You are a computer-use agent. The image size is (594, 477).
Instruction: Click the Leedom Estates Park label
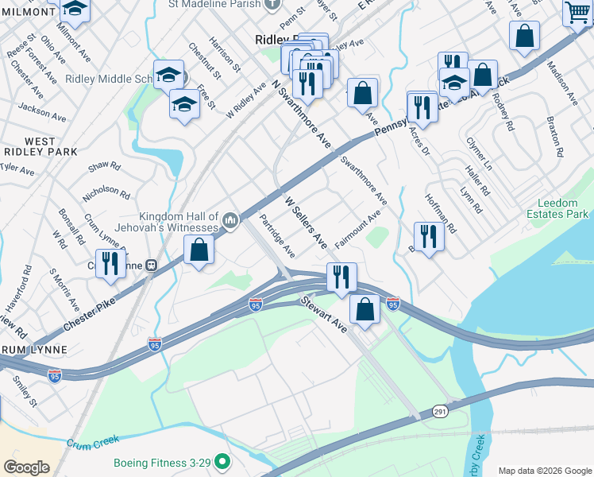coord(557,208)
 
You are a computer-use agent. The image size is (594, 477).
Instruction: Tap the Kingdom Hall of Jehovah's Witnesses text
coord(179,223)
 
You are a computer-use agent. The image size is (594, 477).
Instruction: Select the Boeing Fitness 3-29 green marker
coord(223,461)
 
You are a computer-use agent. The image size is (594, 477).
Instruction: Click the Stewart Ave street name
coord(323,315)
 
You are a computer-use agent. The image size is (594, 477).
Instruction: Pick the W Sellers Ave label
coord(306,222)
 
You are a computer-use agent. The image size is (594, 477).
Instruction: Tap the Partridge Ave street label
coord(277,235)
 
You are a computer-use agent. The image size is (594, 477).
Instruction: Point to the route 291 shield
coord(441,411)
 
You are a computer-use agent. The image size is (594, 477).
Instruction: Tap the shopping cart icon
coord(577,11)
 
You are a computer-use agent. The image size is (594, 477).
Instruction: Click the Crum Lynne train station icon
coord(151,265)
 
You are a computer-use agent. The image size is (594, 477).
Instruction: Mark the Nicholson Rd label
coord(106,192)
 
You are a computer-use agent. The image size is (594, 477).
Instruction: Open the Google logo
coord(26,467)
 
